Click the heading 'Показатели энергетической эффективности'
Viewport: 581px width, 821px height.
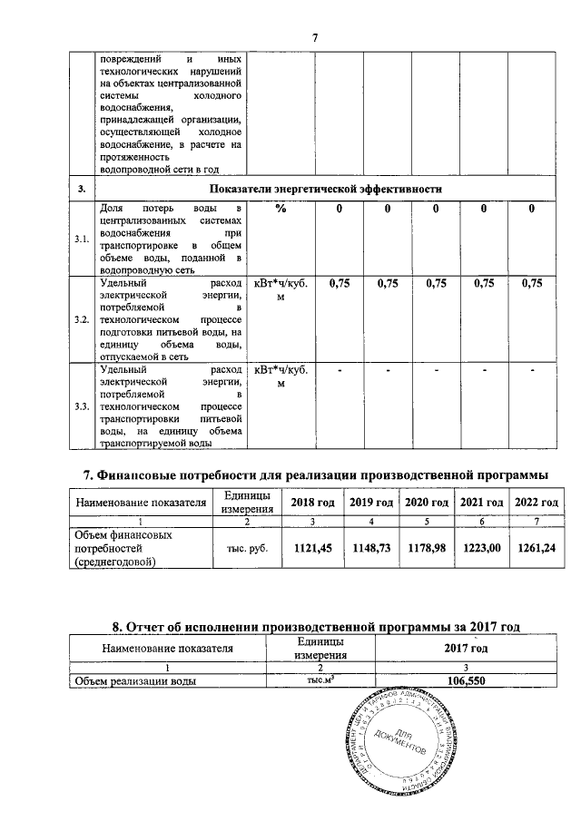coord(326,189)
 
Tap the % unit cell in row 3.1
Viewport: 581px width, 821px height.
coord(281,210)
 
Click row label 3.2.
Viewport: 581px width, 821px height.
coord(82,321)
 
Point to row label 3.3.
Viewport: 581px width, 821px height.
coord(82,406)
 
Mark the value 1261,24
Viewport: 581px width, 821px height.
coord(537,548)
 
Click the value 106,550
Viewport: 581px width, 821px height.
coord(465,679)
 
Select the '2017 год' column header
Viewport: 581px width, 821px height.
coord(465,648)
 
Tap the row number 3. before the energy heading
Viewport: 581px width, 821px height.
coord(82,189)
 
